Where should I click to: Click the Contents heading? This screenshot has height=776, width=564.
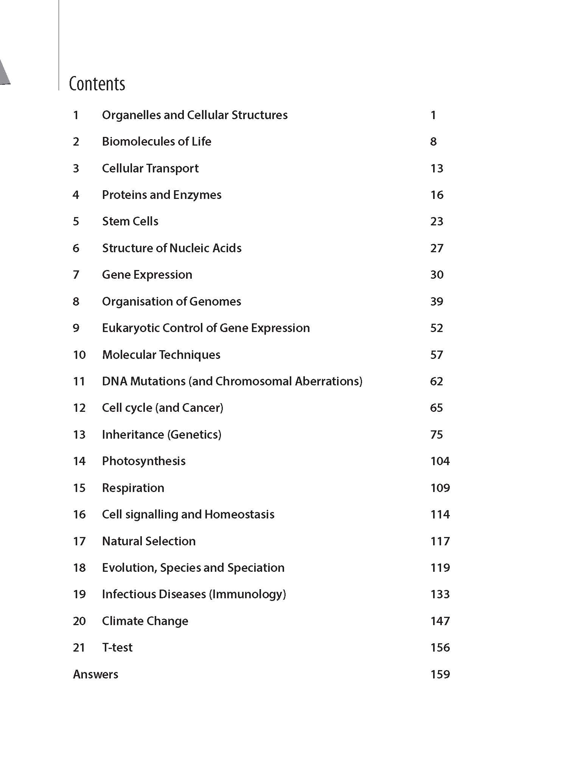pos(97,84)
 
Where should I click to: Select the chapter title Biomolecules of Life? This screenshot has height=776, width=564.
pos(157,141)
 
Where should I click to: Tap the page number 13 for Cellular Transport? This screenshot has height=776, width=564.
pos(437,168)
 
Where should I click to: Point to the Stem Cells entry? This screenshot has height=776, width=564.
pos(130,221)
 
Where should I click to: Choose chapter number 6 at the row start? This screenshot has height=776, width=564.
pos(76,248)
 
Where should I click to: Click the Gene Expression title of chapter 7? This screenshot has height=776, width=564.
pos(147,275)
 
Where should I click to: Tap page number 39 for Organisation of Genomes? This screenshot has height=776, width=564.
pos(437,301)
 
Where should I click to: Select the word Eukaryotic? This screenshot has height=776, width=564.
pos(131,328)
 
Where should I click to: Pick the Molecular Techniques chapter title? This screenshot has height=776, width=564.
pos(161,355)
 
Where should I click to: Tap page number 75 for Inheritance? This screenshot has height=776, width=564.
pos(437,435)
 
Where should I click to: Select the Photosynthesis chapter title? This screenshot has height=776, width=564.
pos(144,461)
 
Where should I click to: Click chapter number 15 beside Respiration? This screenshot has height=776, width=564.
pos(79,488)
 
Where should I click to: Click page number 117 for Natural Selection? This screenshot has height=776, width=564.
pos(440,541)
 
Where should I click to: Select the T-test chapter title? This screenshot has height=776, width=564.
pos(117,647)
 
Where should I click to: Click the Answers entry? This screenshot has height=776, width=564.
pos(95,674)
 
